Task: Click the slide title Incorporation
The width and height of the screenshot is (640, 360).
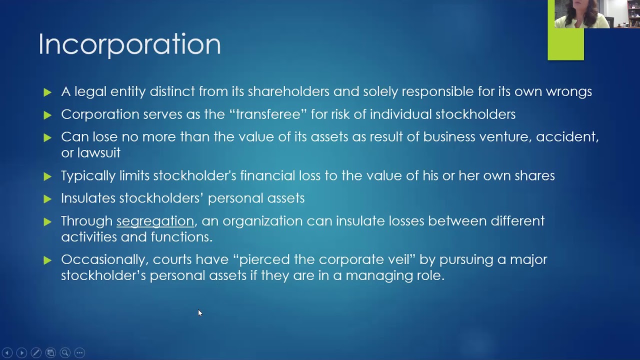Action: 129,44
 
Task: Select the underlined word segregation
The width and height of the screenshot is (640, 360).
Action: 155,221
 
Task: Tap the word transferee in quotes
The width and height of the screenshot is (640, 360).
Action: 268,114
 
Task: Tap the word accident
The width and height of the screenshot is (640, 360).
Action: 567,137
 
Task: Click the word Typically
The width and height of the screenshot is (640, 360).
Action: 88,176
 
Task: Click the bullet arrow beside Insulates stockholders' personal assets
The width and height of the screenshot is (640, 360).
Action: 47,199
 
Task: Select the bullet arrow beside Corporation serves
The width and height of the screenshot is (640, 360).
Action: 47,115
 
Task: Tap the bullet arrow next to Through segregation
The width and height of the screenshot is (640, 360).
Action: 47,221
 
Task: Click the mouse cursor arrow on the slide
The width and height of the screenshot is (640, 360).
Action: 199,313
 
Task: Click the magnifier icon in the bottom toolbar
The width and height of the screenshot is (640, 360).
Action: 65,353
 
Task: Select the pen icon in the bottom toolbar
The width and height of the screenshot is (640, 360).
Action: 36,353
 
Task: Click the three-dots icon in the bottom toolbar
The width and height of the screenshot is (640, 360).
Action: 79,353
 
